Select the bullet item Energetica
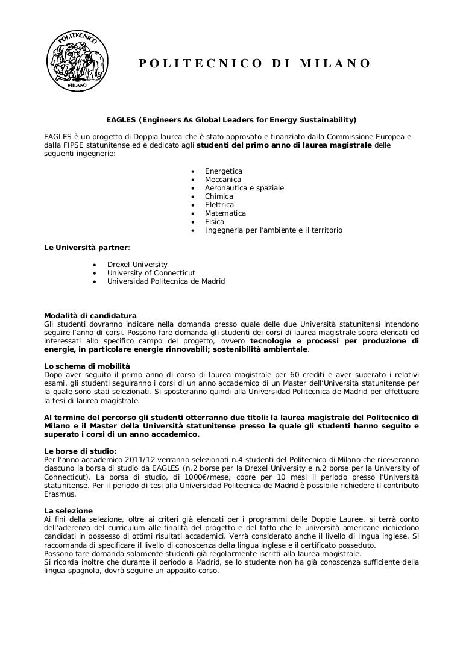[223, 171]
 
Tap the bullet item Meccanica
[222, 180]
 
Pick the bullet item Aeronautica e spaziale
[244, 188]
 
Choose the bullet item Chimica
[219, 196]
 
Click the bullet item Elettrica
[219, 205]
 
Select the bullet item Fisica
[214, 222]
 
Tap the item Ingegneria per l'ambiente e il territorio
[274, 230]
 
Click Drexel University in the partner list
[137, 265]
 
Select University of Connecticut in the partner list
[151, 273]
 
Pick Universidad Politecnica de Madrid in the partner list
[166, 281]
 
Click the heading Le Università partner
[87, 247]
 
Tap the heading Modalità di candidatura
[90, 316]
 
